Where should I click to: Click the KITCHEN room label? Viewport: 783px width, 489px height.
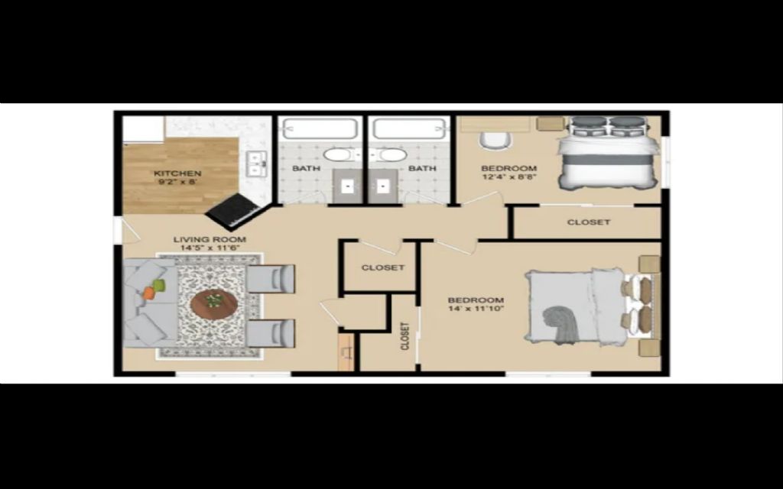pos(177,173)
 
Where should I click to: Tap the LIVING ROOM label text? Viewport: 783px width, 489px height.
pos(210,239)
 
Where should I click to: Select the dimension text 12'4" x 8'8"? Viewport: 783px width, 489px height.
pos(508,176)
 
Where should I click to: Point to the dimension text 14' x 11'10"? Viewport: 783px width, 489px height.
pos(476,309)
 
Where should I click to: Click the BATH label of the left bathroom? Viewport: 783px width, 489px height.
pos(306,168)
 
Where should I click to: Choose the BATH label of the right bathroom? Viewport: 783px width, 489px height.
pos(422,168)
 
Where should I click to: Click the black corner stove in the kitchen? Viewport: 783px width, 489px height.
pos(234,212)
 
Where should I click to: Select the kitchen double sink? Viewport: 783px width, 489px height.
pos(257,164)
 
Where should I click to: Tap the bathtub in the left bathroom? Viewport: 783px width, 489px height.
pos(320,128)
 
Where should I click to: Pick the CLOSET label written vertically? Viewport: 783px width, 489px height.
pos(405,336)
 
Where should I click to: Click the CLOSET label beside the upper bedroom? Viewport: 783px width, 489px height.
pos(589,222)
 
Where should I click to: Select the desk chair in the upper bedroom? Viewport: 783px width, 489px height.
pos(495,141)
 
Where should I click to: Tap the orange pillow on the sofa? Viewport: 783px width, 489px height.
pos(149,293)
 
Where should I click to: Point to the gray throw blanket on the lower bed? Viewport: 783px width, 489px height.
pos(561,324)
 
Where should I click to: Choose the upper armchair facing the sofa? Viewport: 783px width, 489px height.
pos(271,278)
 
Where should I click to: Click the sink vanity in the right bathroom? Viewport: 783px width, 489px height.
pos(384,186)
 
